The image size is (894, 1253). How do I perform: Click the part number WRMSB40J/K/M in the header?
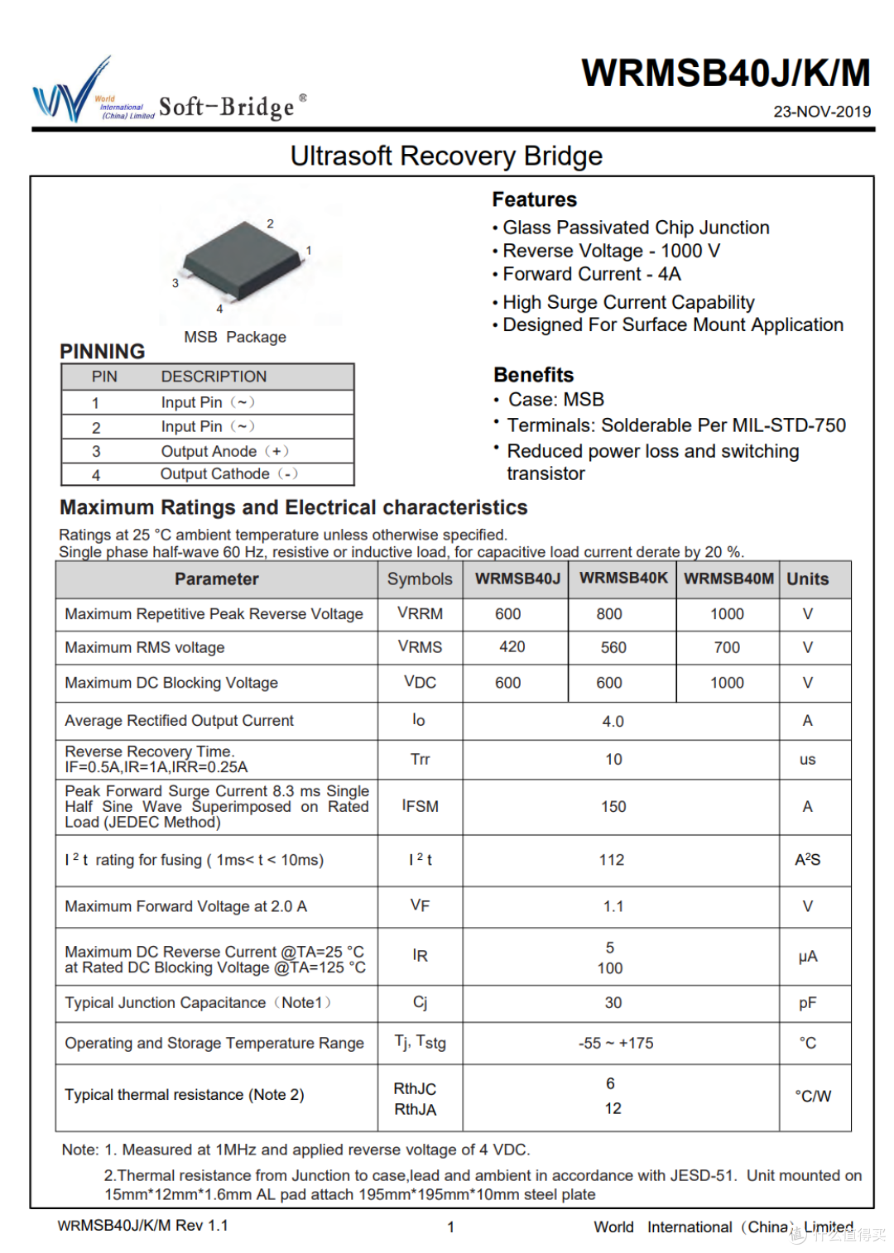(725, 74)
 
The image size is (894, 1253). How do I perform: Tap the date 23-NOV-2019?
(821, 112)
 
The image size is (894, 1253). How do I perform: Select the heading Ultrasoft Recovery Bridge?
(446, 156)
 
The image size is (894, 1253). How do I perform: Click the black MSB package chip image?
(243, 256)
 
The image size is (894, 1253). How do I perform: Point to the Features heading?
(534, 199)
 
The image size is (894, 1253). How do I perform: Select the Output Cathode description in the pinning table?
(215, 474)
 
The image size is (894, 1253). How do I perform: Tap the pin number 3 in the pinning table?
(96, 451)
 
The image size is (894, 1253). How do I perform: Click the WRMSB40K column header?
(622, 578)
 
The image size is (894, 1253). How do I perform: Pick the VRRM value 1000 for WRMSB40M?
(727, 614)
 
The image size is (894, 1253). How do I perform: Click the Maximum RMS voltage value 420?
(512, 647)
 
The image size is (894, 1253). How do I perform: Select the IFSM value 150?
(613, 807)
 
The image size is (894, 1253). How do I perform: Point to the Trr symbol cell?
(420, 760)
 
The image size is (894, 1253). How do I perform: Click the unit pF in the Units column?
(807, 1003)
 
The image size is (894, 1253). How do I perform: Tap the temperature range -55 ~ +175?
(616, 1044)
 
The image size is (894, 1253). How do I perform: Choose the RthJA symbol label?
(415, 1110)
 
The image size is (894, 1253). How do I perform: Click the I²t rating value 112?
(612, 861)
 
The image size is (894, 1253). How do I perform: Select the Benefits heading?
(533, 375)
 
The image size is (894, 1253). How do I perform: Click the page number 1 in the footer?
(450, 1227)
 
